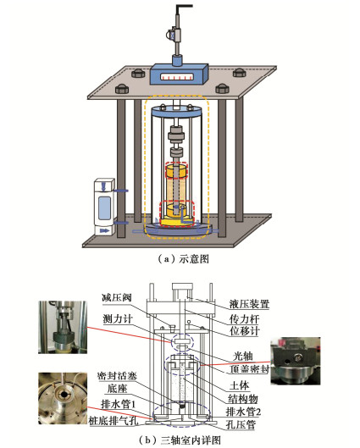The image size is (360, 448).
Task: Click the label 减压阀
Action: (117, 297)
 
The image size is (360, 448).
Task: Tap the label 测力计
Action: (118, 319)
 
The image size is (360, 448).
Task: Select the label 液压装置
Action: (249, 304)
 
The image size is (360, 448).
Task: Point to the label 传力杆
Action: (245, 319)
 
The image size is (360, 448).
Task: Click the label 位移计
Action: (245, 331)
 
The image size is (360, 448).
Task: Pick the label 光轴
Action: (243, 356)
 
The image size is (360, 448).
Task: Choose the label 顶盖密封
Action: (250, 369)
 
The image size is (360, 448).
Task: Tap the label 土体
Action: (240, 385)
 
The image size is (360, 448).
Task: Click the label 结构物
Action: (243, 399)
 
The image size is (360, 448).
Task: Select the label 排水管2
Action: (243, 412)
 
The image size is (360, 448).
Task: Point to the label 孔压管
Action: (241, 424)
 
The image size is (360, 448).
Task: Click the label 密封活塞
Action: (117, 375)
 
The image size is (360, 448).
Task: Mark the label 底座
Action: (117, 389)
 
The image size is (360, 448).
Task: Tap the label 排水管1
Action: (118, 404)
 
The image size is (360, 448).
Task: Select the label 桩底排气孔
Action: (114, 420)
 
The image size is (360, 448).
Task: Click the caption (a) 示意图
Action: (183, 259)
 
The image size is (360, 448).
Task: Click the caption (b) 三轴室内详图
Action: (180, 440)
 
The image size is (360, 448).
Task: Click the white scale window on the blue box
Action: (176, 77)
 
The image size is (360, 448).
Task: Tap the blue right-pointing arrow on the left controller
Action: (105, 230)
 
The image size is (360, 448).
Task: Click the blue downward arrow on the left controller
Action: (103, 187)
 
